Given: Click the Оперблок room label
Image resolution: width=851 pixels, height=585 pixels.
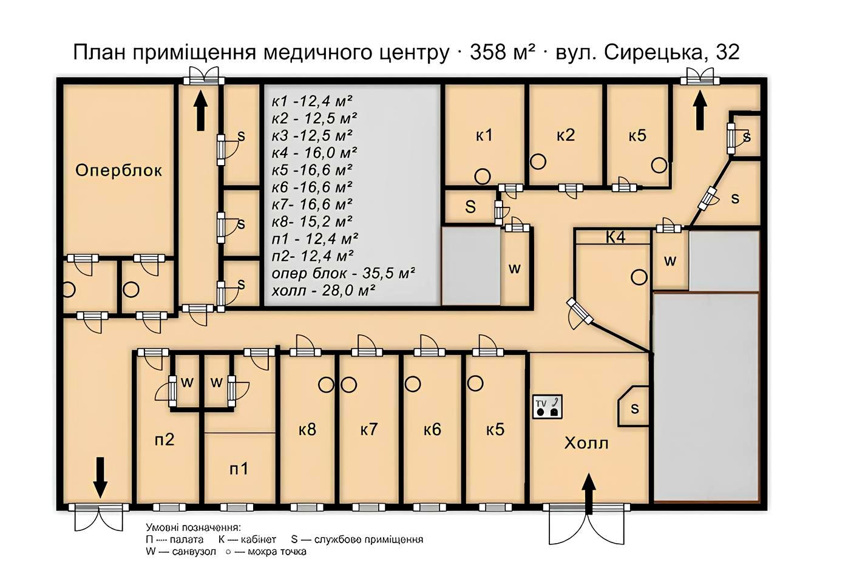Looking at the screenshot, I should click(118, 171).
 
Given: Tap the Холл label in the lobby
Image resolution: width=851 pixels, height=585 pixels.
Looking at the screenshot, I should click(586, 443).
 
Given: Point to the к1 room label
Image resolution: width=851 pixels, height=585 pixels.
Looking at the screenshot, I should click(484, 135).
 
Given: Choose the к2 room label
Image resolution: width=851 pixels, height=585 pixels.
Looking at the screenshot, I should click(565, 135).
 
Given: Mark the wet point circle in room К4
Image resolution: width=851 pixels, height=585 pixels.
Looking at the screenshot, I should click(639, 277).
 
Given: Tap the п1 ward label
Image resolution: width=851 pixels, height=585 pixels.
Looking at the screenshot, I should click(239, 468).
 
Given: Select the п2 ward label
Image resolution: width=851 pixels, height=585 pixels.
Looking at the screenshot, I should click(164, 439).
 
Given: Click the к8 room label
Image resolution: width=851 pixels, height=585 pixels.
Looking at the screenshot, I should click(307, 430).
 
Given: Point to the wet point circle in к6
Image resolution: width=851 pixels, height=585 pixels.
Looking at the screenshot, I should click(413, 384).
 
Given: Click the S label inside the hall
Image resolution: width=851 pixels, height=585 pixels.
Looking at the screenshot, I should click(634, 408).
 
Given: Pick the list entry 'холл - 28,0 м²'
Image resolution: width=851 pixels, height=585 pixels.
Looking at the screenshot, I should click(322, 291).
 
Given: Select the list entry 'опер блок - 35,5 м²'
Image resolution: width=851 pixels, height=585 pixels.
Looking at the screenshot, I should click(343, 273).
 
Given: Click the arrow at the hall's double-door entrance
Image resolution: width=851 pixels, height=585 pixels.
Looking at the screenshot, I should click(588, 493).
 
